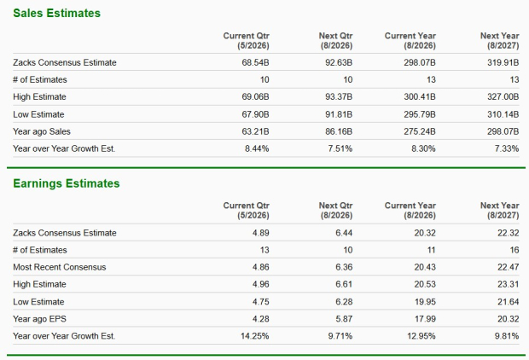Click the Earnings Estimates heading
(x=65, y=183)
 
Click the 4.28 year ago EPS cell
(x=260, y=318)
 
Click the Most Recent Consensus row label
(x=60, y=267)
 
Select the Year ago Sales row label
(x=44, y=131)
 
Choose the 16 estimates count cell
(x=514, y=250)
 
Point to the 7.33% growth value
(x=505, y=148)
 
